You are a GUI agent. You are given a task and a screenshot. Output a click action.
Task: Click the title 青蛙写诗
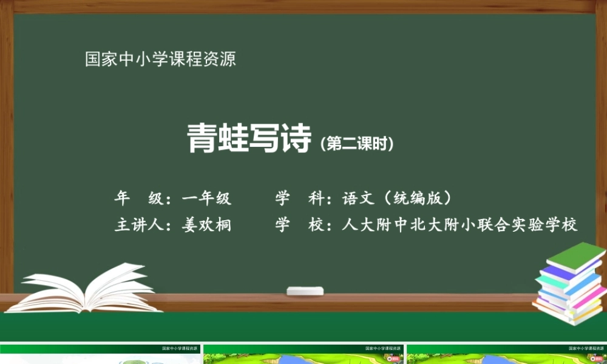tap(249, 139)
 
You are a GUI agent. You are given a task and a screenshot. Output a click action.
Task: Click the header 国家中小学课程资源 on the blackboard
tap(160, 59)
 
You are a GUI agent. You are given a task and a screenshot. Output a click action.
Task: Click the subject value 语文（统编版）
tap(397, 198)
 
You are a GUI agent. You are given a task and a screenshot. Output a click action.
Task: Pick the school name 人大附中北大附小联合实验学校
tap(459, 225)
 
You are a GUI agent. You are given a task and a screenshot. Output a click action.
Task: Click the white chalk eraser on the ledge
tap(305, 291)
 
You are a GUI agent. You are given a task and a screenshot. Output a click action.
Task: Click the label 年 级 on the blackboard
tap(138, 198)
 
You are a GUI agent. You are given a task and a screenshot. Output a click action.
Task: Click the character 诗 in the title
tap(295, 139)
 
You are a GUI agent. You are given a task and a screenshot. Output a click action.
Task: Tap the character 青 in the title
tap(202, 139)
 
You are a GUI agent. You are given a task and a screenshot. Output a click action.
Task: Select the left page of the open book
tap(58, 288)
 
